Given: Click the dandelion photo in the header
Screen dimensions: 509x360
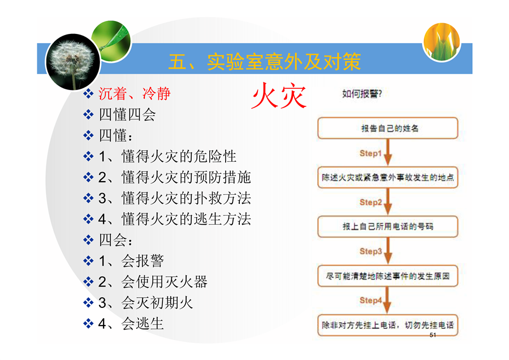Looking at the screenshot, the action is [x=73, y=62].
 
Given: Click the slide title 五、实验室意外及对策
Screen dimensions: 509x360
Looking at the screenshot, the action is [x=265, y=61].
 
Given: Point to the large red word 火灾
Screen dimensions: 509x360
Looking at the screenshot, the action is [x=279, y=95].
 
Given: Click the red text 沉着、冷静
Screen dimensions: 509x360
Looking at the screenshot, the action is [x=135, y=93].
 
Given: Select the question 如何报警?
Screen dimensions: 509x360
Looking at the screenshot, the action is [x=362, y=94].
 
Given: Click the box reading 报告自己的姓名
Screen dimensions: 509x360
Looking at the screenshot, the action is [x=387, y=128].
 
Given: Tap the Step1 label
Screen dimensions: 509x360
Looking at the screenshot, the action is [x=370, y=153].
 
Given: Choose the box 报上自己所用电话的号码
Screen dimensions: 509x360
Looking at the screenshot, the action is [x=387, y=226].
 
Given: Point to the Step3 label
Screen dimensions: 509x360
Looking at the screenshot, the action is [x=370, y=251].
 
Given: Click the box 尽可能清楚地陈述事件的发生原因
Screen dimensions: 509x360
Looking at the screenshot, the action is [x=387, y=276].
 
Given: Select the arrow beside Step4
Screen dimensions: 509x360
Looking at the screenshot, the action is [x=387, y=300].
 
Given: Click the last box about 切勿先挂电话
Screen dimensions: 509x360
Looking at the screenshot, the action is [x=387, y=325].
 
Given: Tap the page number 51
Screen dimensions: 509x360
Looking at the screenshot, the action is [x=433, y=335].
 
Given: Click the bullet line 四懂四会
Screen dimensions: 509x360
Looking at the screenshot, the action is [x=127, y=114].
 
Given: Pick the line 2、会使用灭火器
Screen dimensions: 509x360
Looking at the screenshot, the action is [x=153, y=282].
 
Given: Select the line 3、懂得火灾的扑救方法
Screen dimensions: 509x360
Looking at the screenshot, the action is [x=175, y=198].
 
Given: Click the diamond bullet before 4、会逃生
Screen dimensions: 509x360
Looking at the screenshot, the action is [x=88, y=324].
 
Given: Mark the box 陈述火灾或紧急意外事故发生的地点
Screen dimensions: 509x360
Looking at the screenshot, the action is [x=387, y=177].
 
